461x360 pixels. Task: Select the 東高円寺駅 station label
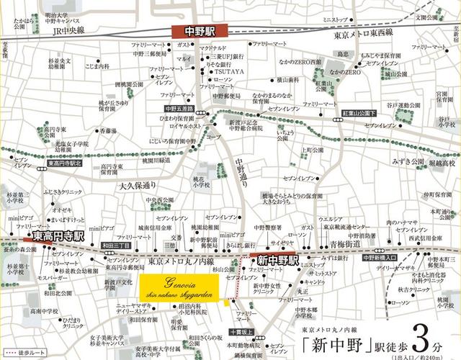(54, 235)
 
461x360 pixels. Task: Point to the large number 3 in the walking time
(422, 333)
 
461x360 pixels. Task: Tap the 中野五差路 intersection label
(179, 109)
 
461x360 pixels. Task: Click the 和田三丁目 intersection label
(116, 246)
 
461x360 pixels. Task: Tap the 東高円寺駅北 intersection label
(66, 163)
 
